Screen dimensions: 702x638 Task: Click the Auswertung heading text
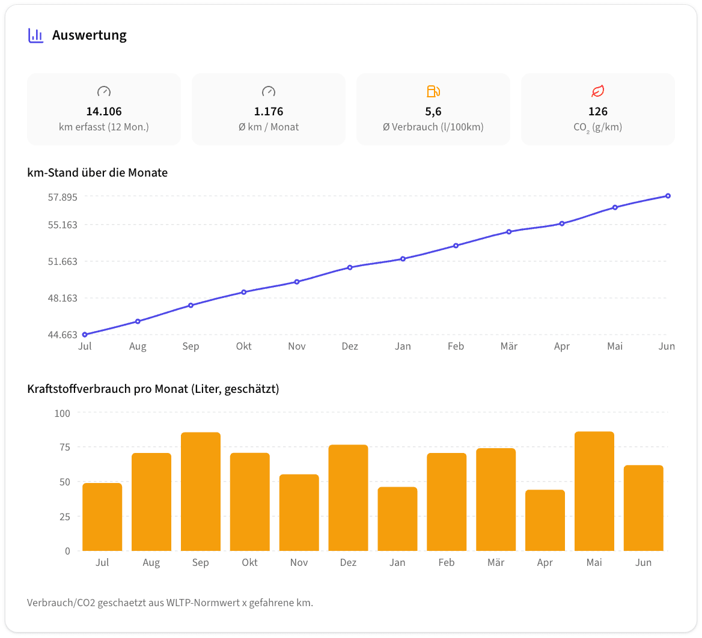pos(89,35)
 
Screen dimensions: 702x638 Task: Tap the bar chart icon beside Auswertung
pos(36,35)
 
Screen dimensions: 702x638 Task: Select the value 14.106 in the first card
pos(104,111)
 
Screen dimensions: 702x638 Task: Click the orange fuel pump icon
pos(433,91)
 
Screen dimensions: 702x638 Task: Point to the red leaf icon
pos(597,91)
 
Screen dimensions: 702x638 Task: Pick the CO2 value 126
pos(597,111)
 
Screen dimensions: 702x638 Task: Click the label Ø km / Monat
pos(269,127)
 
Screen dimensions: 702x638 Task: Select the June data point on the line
pos(668,196)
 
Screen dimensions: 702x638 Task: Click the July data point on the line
pos(85,335)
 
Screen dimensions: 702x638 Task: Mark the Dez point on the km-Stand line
pos(350,267)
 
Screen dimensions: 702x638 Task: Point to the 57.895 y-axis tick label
pos(63,197)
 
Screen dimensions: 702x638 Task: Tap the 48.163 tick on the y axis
pos(63,298)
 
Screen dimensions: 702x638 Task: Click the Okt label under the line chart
pos(244,346)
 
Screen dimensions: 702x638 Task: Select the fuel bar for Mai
pos(594,491)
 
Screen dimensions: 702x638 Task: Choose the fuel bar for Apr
pos(545,520)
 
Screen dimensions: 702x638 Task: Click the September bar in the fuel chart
pos(201,491)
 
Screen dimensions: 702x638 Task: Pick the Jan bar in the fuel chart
pos(397,519)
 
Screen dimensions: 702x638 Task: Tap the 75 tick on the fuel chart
pos(65,448)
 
